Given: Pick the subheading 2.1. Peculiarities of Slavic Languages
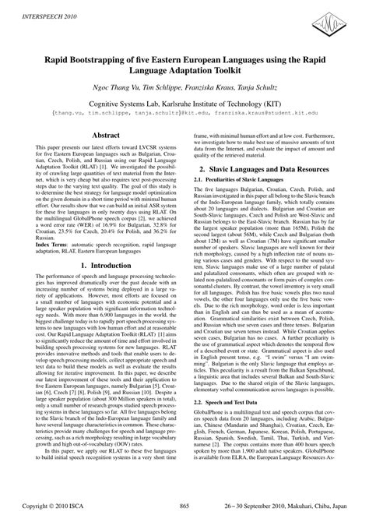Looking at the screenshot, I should [x=243, y=202].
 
